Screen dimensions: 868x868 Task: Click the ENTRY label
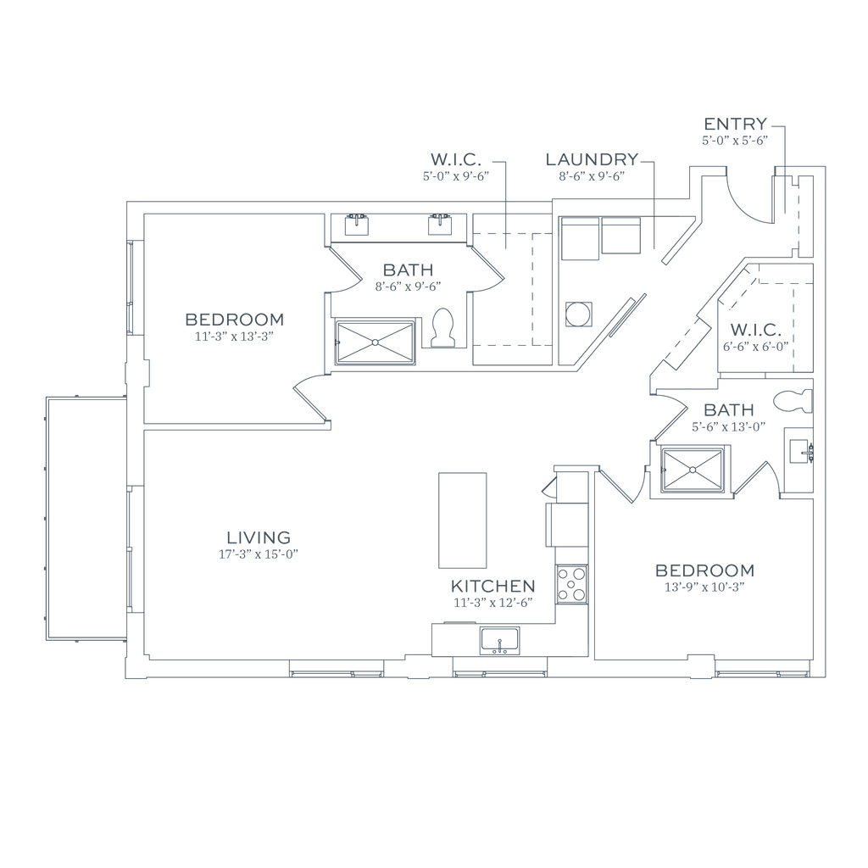735,123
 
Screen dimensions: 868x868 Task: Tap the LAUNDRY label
592,159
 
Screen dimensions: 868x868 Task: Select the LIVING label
259,537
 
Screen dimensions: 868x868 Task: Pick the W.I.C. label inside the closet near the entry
754,328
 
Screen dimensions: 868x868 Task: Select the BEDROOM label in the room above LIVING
234,320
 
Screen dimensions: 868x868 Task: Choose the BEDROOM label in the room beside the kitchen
705,569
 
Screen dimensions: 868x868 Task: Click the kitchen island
462,520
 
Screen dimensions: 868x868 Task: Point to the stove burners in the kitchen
570,582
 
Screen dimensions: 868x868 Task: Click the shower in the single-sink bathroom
693,469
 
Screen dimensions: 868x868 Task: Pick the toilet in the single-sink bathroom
793,401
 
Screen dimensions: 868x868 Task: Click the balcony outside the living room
85,519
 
